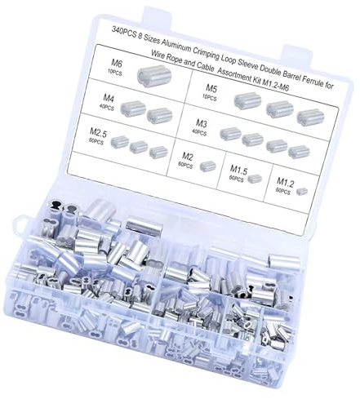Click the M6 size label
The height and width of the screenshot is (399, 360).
(x=117, y=64)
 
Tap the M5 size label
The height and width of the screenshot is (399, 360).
(x=211, y=88)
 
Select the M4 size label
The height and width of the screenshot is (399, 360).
(x=109, y=98)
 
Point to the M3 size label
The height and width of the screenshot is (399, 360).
(x=202, y=124)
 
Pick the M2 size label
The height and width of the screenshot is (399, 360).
(x=188, y=157)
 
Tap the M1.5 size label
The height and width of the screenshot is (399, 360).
(x=238, y=171)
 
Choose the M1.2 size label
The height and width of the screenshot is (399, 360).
(x=286, y=182)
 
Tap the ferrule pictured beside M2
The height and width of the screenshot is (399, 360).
(x=208, y=166)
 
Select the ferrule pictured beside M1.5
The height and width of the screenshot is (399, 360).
(x=255, y=178)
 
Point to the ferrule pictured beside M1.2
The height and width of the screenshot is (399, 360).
(x=302, y=192)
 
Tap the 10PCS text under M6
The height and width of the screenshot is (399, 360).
(x=115, y=73)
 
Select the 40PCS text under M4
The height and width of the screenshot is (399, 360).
(x=107, y=108)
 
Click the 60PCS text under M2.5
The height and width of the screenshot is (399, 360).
(x=96, y=141)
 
